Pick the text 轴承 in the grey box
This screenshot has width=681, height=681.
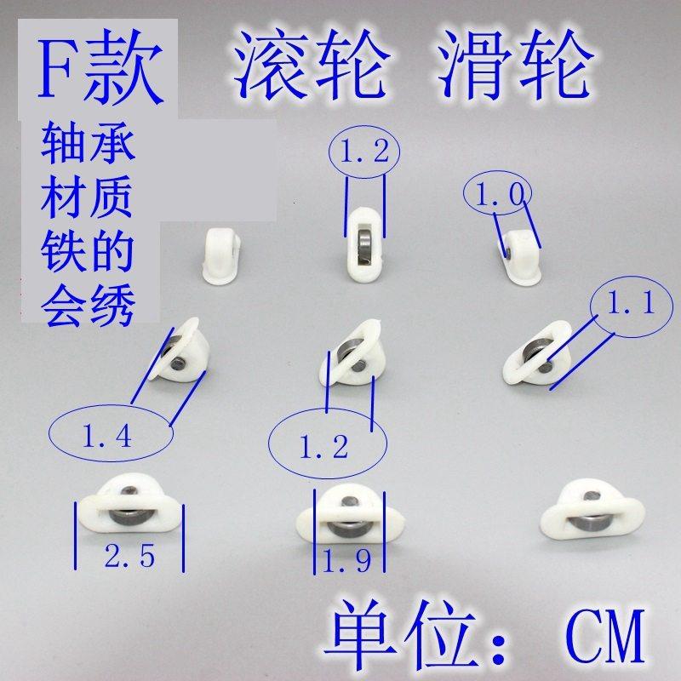tap(89, 146)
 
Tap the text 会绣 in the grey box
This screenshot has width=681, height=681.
tap(89, 305)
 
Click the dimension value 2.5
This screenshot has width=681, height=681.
tap(129, 557)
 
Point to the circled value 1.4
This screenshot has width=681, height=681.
tap(107, 438)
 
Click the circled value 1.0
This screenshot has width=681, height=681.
tap(499, 196)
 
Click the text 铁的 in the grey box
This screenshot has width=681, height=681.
tap(89, 253)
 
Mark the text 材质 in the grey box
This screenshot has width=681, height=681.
tap(89, 199)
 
